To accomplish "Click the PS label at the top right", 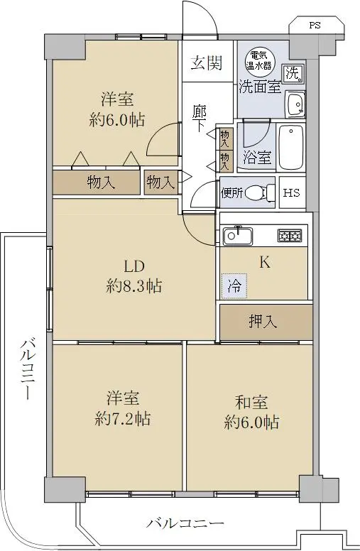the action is click(x=315, y=26).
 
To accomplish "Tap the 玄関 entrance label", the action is click(x=207, y=63).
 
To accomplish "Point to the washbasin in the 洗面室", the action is click(x=295, y=104).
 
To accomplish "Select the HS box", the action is click(x=292, y=192).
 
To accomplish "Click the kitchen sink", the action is click(x=238, y=236).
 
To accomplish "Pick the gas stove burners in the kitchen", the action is click(x=290, y=236).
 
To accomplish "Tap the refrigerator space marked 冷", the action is click(x=234, y=286).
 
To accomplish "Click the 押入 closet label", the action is click(x=263, y=321).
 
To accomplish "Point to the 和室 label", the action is click(x=251, y=403).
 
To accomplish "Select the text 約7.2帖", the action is click(x=122, y=419).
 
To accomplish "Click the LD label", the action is click(x=134, y=267).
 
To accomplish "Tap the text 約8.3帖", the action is click(x=134, y=286).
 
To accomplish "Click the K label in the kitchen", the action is click(x=265, y=263).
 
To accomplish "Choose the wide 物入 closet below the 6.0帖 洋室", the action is click(x=97, y=182).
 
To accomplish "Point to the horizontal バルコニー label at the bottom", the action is click(x=185, y=524).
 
